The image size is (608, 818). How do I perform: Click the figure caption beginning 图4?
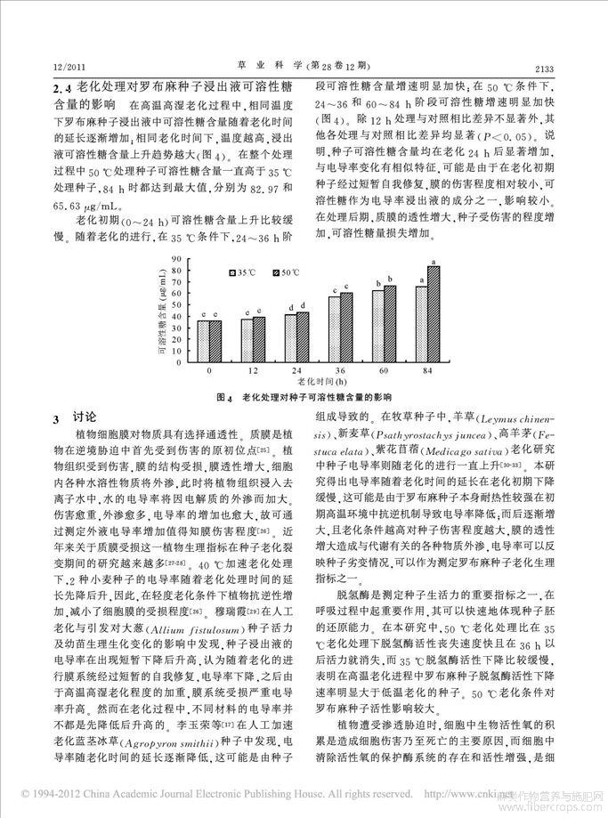point(304,397)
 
